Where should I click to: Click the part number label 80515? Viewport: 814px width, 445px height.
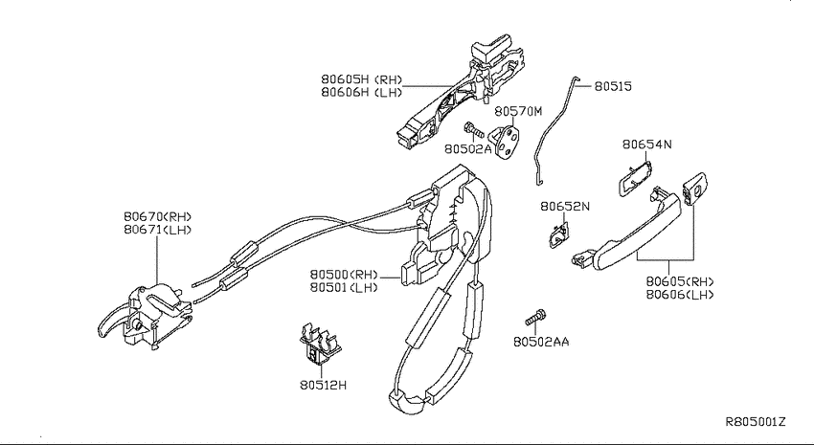[613, 86]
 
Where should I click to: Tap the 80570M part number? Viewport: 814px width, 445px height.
[517, 111]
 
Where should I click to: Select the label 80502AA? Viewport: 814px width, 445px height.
[541, 342]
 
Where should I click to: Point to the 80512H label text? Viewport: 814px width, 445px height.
[323, 385]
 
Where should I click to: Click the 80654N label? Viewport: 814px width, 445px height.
[646, 145]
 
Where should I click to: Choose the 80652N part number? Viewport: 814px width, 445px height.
[565, 207]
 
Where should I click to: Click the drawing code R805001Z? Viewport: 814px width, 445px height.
[756, 422]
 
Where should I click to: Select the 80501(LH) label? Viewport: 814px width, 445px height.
[344, 287]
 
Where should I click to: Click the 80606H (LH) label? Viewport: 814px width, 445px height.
[362, 92]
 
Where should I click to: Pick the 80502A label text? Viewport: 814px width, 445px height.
[467, 149]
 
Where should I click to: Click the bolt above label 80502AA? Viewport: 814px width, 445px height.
[534, 318]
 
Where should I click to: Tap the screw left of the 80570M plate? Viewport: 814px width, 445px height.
[473, 129]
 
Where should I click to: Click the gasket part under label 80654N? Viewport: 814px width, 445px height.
[635, 178]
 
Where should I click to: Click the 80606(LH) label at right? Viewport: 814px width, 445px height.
[680, 295]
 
